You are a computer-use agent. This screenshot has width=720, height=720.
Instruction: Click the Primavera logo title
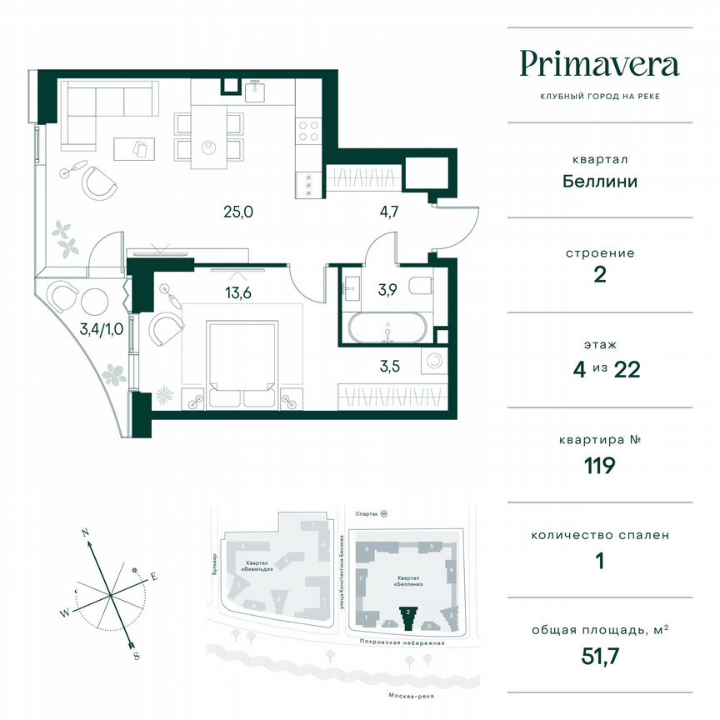599,63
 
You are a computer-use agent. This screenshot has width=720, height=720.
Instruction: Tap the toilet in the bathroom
423,286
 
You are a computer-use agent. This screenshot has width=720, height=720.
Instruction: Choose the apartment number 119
599,465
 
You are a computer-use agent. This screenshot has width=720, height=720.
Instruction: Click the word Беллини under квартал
599,181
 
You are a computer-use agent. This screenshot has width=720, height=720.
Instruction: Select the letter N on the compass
85,531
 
